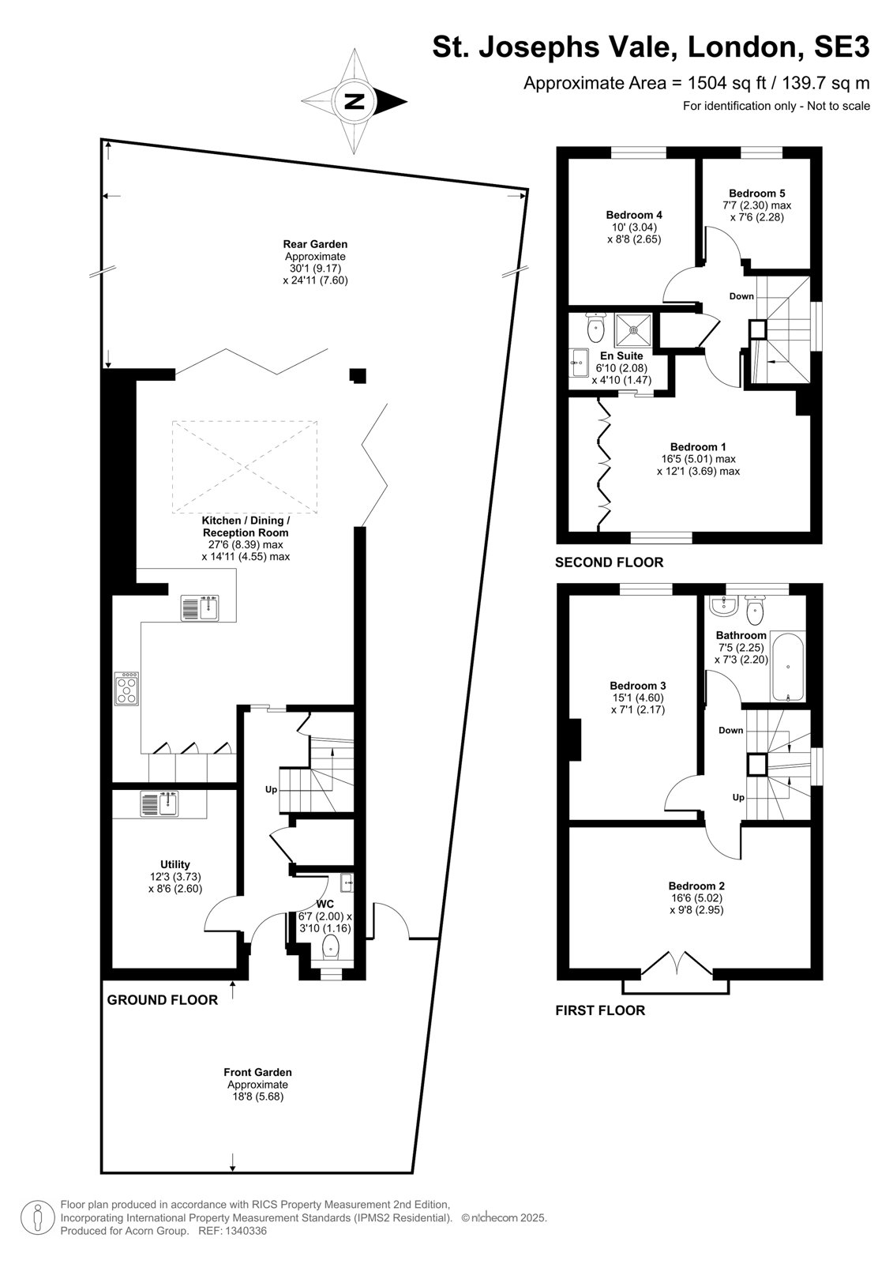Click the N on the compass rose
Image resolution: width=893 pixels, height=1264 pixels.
355,102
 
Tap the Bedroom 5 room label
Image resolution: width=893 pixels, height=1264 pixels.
756,193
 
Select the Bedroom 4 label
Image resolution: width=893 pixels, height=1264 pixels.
634,215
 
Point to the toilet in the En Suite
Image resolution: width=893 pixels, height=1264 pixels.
595,327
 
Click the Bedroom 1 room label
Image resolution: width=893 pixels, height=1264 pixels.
698,447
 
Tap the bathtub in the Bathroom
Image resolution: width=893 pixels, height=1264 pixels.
787,668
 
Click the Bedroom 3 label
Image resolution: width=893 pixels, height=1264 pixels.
637,686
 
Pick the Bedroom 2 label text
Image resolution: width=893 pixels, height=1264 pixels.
696,886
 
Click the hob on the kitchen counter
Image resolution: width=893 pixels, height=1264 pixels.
126,688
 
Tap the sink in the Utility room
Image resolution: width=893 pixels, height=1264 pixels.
159,803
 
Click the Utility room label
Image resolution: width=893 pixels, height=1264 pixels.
174,864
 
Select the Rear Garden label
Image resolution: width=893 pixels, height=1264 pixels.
315,244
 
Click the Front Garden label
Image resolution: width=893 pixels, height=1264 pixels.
258,1072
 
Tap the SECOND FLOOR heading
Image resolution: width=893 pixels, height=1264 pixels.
610,562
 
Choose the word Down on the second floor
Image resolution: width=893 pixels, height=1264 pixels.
741,296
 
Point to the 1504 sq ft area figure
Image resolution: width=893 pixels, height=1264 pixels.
727,83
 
